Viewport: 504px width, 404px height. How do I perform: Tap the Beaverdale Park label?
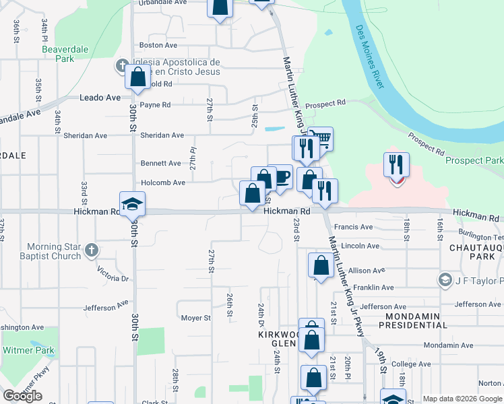click(57, 54)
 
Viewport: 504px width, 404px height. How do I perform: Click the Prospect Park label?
click(474, 161)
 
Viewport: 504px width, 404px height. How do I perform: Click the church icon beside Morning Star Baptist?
click(92, 251)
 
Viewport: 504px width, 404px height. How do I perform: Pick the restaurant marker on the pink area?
click(396, 166)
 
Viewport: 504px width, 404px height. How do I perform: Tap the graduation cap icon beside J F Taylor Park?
click(445, 279)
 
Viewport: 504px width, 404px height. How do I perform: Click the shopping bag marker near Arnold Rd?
click(138, 76)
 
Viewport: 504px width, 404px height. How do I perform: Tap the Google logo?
click(22, 396)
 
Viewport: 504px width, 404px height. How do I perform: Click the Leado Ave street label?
click(100, 98)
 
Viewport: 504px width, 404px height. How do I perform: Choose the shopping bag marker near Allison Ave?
click(321, 266)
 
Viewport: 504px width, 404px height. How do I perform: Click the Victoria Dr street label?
click(113, 273)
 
